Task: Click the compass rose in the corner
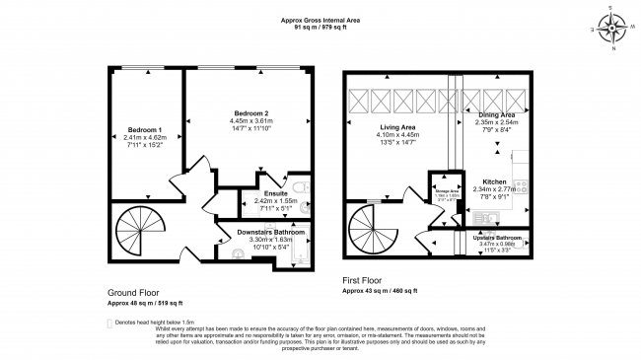[x=610, y=27]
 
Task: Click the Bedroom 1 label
[x=145, y=130]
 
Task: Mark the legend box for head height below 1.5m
[x=109, y=322]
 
